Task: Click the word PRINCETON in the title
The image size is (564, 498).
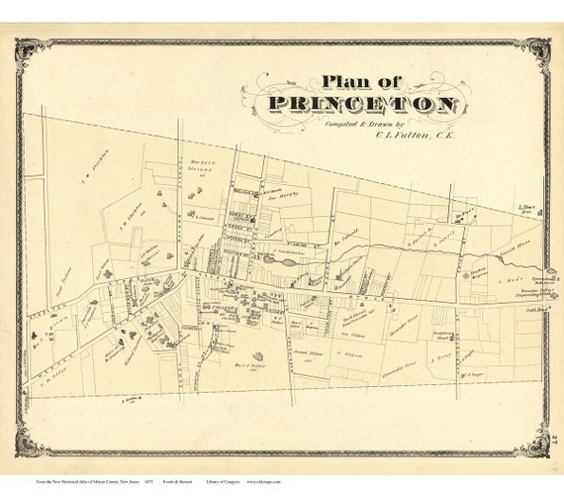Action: [x=361, y=105]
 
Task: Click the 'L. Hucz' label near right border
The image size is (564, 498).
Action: [x=527, y=209]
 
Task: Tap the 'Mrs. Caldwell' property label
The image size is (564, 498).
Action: [x=342, y=239]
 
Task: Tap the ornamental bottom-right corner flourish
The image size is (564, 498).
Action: [x=535, y=443]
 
